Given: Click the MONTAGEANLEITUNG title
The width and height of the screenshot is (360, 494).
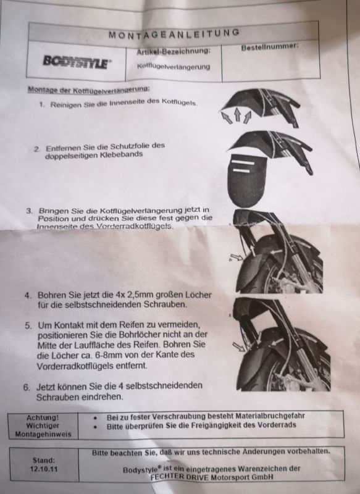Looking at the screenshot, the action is pos(174,33).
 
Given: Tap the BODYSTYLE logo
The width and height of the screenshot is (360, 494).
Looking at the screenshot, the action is pos(77,61).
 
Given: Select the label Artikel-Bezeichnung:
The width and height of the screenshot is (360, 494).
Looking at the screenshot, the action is pos(174,51).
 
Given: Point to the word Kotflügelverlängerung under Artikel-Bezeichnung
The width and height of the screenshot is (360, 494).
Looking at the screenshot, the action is pos(174,67).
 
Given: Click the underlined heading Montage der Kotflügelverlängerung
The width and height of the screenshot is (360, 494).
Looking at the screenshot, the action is pos(88,90).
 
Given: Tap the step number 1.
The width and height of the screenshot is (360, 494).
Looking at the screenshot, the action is pos(41,104).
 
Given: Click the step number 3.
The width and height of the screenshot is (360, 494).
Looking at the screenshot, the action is pos(29,211).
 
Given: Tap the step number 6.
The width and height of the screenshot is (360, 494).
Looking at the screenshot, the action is pos(27,387).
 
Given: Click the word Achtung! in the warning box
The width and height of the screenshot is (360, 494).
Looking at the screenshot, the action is pos(43,418).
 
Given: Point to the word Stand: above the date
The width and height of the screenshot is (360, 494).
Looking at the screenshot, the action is pos(44,460).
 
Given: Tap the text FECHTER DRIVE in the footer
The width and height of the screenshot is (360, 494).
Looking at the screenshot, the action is pos(179,477).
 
